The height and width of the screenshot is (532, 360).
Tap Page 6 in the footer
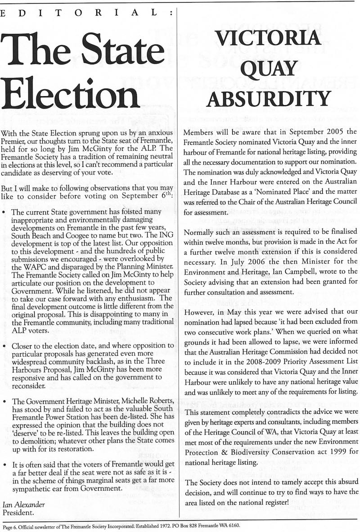coord(10,525)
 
